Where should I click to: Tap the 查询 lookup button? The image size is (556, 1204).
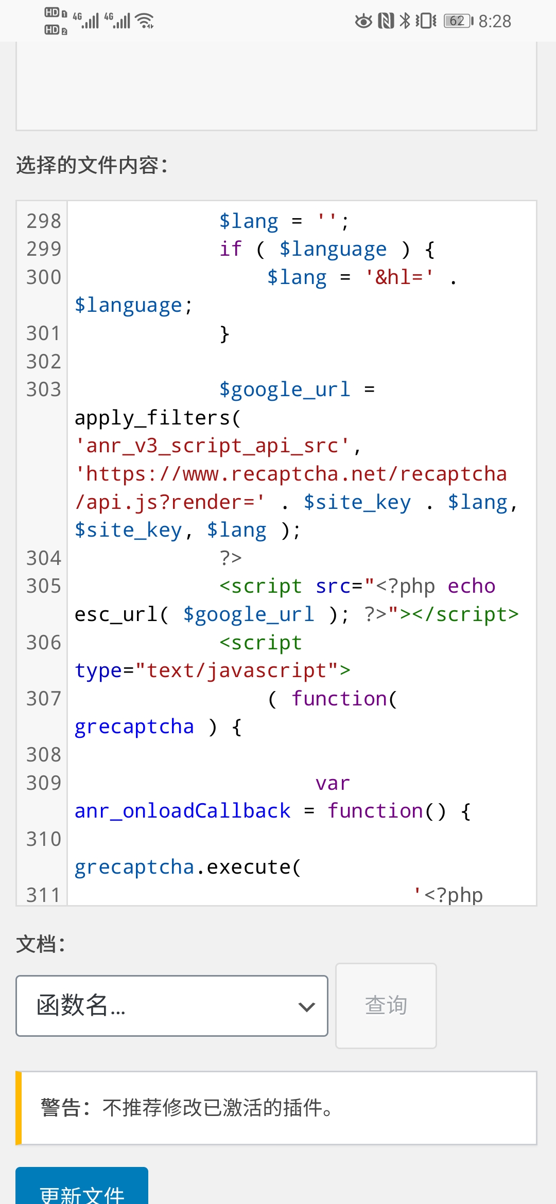(386, 1005)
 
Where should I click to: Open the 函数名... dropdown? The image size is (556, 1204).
(172, 1005)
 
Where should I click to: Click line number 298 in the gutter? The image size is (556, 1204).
(44, 221)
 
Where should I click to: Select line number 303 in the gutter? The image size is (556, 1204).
(44, 389)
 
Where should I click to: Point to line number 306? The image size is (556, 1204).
(44, 643)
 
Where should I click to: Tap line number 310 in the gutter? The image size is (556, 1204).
(44, 839)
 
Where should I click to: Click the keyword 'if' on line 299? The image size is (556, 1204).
(231, 249)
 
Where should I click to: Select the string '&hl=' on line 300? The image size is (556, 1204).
(399, 277)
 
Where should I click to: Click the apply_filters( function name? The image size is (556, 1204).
(158, 418)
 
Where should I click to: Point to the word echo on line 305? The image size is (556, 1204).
(472, 587)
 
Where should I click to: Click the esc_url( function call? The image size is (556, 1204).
(121, 614)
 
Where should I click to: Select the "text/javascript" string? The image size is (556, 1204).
(237, 670)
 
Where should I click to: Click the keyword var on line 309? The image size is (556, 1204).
(333, 783)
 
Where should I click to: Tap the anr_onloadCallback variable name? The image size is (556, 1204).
(182, 811)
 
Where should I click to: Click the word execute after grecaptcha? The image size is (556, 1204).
(249, 867)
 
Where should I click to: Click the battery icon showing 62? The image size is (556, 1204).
(459, 21)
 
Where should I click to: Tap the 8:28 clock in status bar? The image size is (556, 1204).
(495, 21)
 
